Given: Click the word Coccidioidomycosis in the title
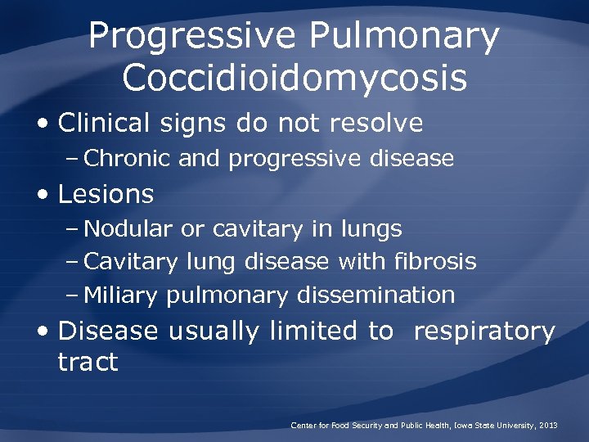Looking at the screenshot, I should [294, 79].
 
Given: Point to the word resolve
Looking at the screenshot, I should [376, 124].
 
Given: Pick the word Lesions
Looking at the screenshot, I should [106, 194].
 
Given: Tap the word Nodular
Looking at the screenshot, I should [128, 229].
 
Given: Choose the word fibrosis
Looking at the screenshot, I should [434, 262].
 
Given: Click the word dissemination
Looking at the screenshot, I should [376, 295].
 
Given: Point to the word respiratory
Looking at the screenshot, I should [484, 331].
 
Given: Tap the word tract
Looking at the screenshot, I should [88, 362].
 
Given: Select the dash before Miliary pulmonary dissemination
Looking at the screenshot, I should [73, 295].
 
